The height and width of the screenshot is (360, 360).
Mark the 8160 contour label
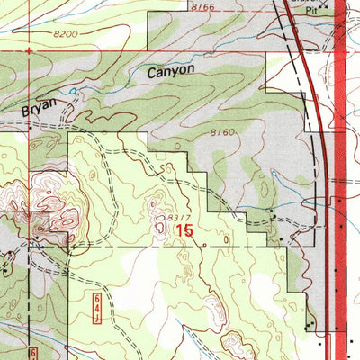pyautogui.click(x=223, y=133)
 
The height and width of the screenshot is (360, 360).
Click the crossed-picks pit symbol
pyautogui.click(x=300, y=4)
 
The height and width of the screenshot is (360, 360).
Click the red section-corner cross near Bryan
pyautogui.click(x=31, y=124)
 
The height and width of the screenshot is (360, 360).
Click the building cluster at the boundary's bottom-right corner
pyautogui.click(x=310, y=325)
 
